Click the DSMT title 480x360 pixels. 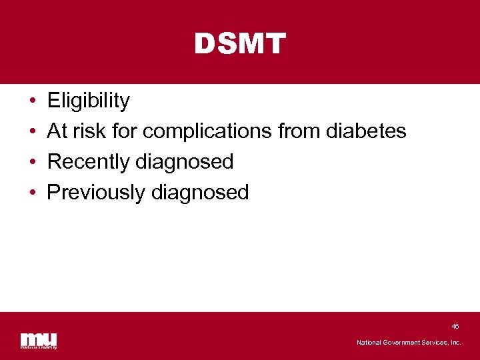[240, 44]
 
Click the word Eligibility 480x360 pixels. [89, 101]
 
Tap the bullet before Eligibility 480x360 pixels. [33, 101]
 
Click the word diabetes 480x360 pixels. [366, 131]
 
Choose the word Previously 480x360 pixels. [97, 193]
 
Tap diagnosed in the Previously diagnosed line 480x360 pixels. [200, 193]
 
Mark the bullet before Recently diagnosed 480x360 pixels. [33, 162]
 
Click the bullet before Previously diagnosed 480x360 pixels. [33, 193]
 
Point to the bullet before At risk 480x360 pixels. [33, 131]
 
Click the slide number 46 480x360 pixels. [455, 327]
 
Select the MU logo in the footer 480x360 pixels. [39, 340]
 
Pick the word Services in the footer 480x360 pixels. [437, 343]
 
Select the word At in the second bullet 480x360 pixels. [57, 131]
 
